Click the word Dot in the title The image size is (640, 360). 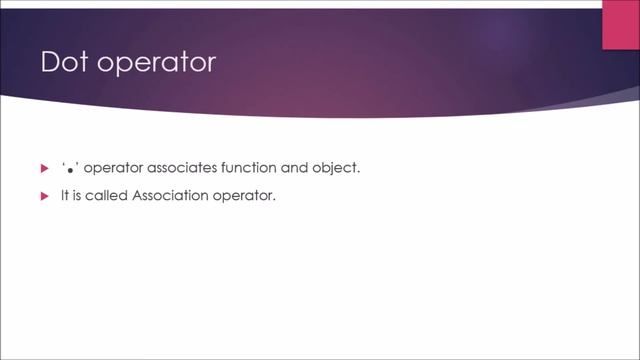[64, 63]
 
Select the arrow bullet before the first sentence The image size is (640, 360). [43, 168]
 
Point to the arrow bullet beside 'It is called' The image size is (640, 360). [43, 196]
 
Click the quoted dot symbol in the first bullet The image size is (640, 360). [69, 168]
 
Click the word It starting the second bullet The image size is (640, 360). [64, 196]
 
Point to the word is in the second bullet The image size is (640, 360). [78, 196]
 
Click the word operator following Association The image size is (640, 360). [244, 197]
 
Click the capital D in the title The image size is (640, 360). [50, 63]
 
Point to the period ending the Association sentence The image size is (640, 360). [274, 200]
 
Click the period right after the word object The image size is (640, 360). [358, 172]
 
